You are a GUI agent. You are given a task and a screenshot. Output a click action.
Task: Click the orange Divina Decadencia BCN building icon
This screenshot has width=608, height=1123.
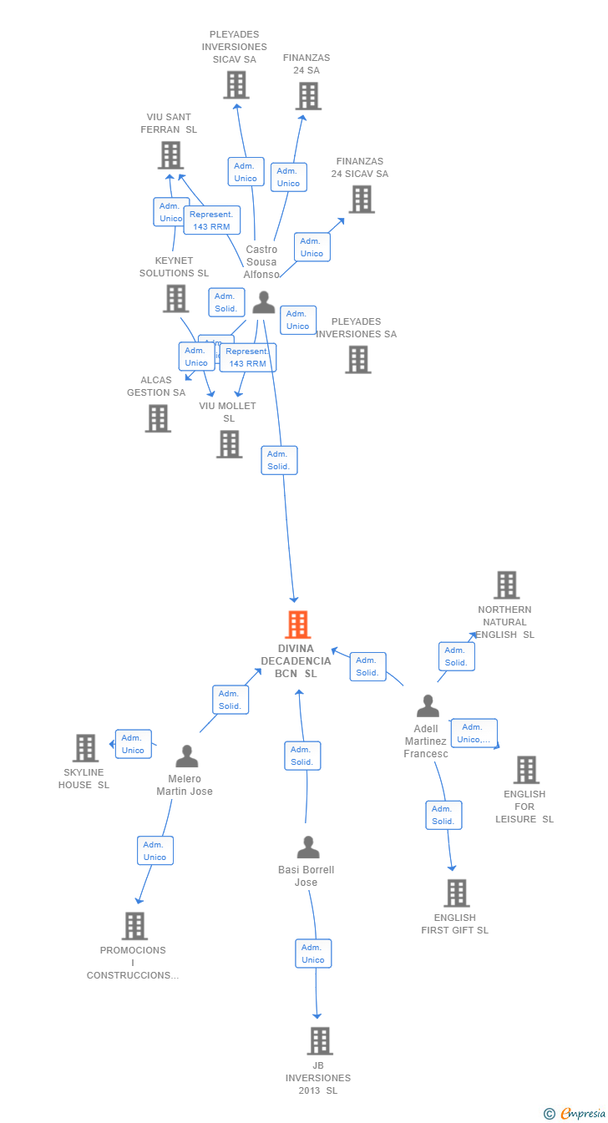pos(297,625)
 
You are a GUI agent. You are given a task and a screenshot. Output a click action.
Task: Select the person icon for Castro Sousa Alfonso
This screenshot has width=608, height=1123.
pos(264,302)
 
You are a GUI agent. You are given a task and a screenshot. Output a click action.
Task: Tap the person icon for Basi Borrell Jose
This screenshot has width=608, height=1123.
pos(308,847)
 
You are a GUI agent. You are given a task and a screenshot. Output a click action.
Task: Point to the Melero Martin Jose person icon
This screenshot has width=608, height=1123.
pos(187,756)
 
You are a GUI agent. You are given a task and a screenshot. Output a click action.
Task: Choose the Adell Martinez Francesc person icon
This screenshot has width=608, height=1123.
pos(428,706)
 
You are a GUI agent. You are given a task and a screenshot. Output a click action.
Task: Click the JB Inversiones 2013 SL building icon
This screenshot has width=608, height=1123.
pos(320,1041)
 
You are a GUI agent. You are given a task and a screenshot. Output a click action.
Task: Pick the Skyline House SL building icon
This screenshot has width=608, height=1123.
pos(85,748)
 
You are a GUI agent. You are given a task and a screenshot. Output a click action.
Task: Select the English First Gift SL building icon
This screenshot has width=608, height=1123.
pos(456,893)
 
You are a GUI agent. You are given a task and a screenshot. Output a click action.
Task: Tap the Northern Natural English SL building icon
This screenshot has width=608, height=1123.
pos(506,585)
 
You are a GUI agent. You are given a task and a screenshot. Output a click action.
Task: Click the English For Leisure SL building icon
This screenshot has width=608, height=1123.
pos(526,770)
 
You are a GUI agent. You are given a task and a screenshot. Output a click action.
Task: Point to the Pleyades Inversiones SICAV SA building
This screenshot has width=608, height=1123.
pos(236,85)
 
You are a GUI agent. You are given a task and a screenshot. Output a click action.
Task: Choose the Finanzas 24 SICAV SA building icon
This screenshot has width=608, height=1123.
pos(361,200)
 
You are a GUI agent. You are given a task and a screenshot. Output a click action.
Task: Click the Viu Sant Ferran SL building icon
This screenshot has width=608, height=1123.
pos(170,155)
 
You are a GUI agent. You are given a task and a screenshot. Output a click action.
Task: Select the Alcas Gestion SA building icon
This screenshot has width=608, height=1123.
pos(158,418)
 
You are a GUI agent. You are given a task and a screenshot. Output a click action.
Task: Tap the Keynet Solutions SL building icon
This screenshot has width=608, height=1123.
pos(175,298)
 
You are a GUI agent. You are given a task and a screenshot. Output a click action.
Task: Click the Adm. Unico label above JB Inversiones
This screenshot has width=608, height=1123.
pos(313,954)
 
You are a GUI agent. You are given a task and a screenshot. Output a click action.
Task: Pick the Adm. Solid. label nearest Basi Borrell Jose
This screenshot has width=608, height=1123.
pos(302,756)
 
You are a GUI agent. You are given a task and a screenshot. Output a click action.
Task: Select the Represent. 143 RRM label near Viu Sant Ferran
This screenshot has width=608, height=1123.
pos(212,220)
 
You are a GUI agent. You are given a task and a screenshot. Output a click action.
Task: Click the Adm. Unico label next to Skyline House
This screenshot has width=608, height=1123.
pos(134,744)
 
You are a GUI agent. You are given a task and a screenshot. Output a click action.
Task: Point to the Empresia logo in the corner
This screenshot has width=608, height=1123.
pos(575,1113)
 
